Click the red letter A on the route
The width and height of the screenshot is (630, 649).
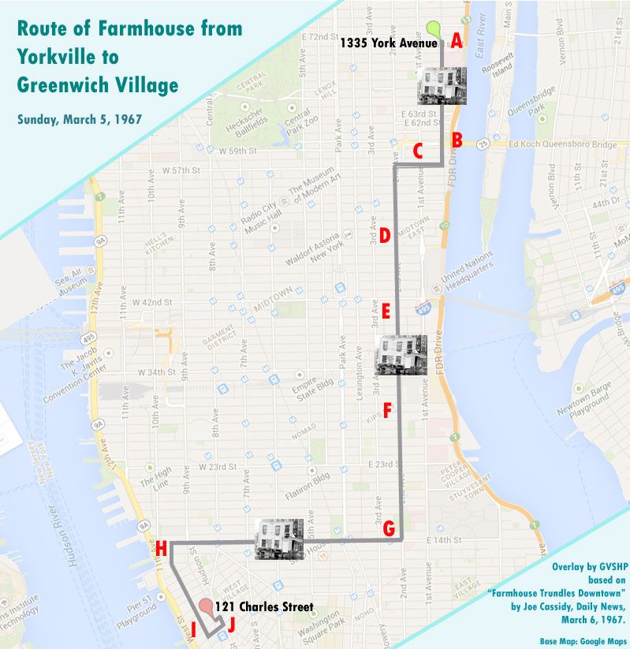pos(456,45)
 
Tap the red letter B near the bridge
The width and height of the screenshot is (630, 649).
pos(457,140)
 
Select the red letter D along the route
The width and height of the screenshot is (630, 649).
pos(385,235)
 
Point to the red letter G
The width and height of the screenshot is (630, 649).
pos(389,529)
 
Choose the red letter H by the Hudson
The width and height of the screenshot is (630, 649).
pos(161,548)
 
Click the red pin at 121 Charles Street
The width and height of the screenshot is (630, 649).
pos(207,608)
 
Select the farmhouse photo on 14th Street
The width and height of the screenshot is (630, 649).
pos(279,539)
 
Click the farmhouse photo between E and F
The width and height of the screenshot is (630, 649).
pos(401,354)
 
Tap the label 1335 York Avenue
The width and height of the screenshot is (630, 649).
pos(388,44)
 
